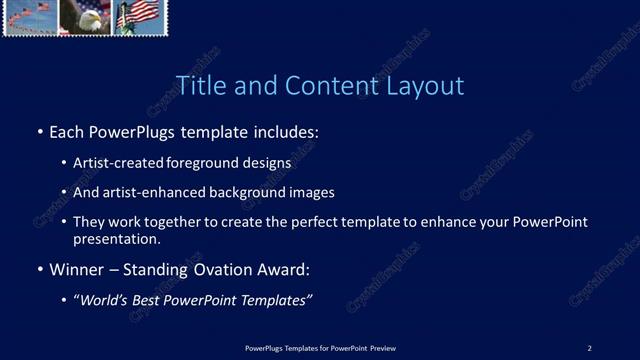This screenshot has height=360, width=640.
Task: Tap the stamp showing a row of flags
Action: point(30,17)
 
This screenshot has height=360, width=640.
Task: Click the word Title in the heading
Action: point(198,86)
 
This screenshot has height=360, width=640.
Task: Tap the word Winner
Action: point(78,270)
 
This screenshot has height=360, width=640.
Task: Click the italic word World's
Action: point(102,300)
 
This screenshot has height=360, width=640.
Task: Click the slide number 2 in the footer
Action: point(589,348)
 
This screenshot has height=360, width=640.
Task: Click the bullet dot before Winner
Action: point(40,270)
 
